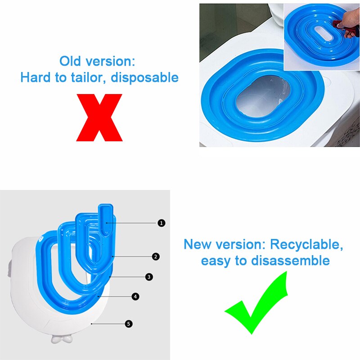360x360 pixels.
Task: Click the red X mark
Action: click(99, 117)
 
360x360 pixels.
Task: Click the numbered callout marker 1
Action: click(162, 223)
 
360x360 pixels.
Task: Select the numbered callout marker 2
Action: click(156, 256)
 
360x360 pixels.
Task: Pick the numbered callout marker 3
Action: click(149, 277)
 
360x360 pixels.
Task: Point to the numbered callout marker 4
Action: click(135, 297)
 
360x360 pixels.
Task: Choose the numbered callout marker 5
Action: click(129, 324)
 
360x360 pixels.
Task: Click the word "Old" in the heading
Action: click(71, 61)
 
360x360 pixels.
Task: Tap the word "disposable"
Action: click(145, 77)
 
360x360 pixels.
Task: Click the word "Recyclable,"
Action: click(307, 245)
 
